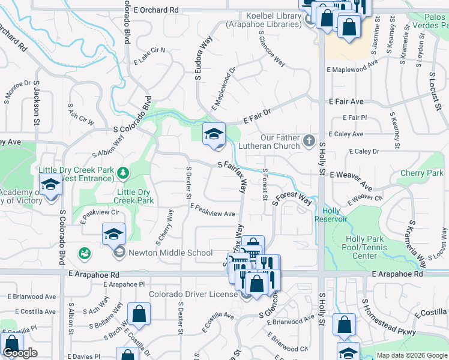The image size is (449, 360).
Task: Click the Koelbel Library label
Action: pyautogui.click(x=264, y=20)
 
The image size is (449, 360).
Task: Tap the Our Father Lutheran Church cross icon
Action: pyautogui.click(x=309, y=140)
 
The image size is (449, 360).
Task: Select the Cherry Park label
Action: pyautogui.click(x=421, y=173)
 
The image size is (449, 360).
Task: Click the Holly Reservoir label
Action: pyautogui.click(x=331, y=215)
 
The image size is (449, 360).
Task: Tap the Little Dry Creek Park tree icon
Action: pyautogui.click(x=124, y=173)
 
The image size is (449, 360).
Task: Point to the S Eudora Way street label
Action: pyautogui.click(x=203, y=58)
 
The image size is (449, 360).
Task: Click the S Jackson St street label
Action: pyautogui.click(x=36, y=104)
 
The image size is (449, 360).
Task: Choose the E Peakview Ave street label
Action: pyautogui.click(x=212, y=211)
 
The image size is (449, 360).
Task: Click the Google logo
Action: pyautogui.click(x=20, y=353)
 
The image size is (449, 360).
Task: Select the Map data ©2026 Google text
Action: pyautogui.click(x=411, y=355)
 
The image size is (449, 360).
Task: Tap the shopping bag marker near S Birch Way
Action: pyautogui.click(x=139, y=313)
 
